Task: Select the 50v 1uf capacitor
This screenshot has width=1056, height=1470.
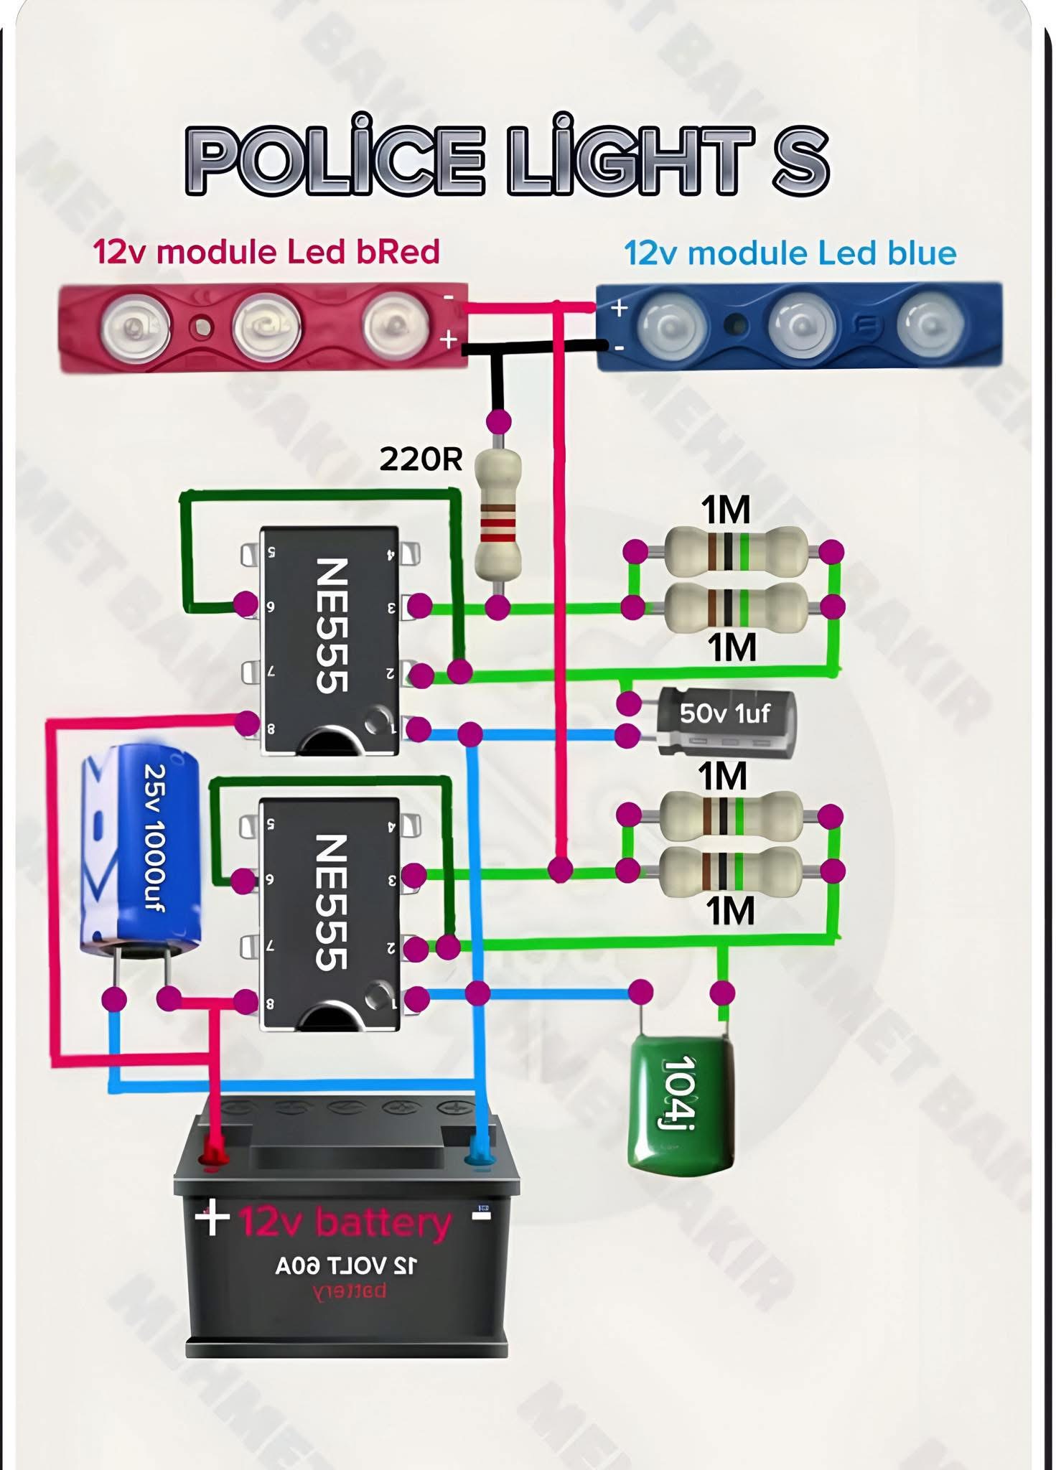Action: [x=725, y=722]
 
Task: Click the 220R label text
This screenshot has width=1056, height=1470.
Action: [x=421, y=459]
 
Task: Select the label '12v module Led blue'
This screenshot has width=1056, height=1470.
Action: [x=790, y=253]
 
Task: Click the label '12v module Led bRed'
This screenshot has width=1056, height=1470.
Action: [x=266, y=252]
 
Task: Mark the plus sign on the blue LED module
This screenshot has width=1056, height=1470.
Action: [x=619, y=308]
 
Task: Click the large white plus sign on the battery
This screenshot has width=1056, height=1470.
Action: [x=212, y=1218]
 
